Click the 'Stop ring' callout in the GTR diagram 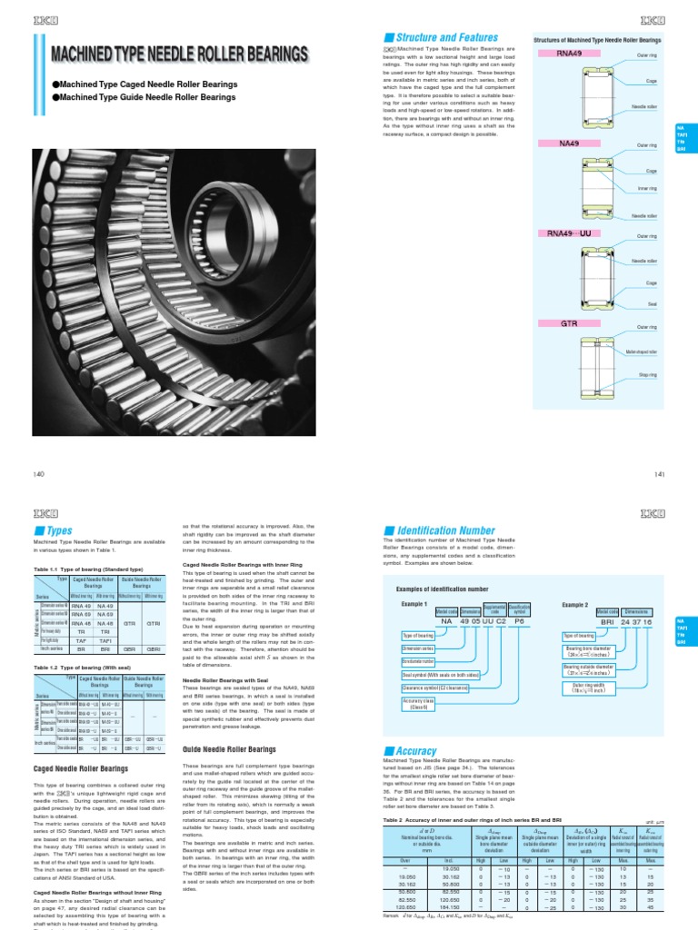point(647,373)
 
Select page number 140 point(38,474)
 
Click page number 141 point(660,474)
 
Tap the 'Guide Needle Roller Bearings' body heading point(229,724)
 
